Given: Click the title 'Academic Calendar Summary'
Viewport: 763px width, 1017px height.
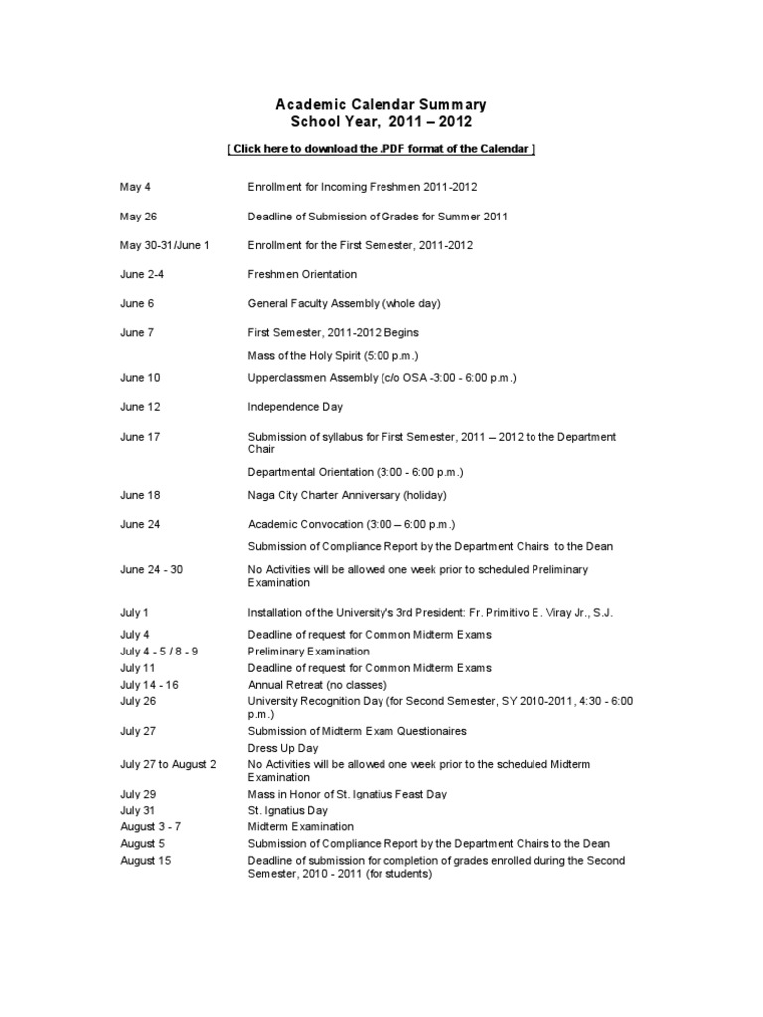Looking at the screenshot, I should point(381,104).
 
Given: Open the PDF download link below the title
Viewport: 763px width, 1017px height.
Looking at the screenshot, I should point(381,149).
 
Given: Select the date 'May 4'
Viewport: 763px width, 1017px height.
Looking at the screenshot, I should point(134,187).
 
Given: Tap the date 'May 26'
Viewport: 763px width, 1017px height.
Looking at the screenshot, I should point(138,217).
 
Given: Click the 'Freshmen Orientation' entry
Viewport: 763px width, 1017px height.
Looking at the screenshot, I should point(302,274).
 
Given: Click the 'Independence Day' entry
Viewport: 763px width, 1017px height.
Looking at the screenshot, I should point(294,407).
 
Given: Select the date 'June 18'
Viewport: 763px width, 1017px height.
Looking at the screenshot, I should point(140,495).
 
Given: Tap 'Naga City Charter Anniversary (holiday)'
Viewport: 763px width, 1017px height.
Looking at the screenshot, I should point(348,495).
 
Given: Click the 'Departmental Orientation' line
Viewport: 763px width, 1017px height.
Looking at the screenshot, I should point(356,471).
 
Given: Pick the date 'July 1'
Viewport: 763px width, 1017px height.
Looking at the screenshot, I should point(134,613).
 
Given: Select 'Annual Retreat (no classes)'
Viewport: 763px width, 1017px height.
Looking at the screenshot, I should point(318,685).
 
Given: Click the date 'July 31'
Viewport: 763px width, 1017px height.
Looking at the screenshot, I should point(137,810).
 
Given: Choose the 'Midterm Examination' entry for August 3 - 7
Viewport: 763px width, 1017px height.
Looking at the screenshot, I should point(300,826).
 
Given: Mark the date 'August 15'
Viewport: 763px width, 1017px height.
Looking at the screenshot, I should point(146,861).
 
